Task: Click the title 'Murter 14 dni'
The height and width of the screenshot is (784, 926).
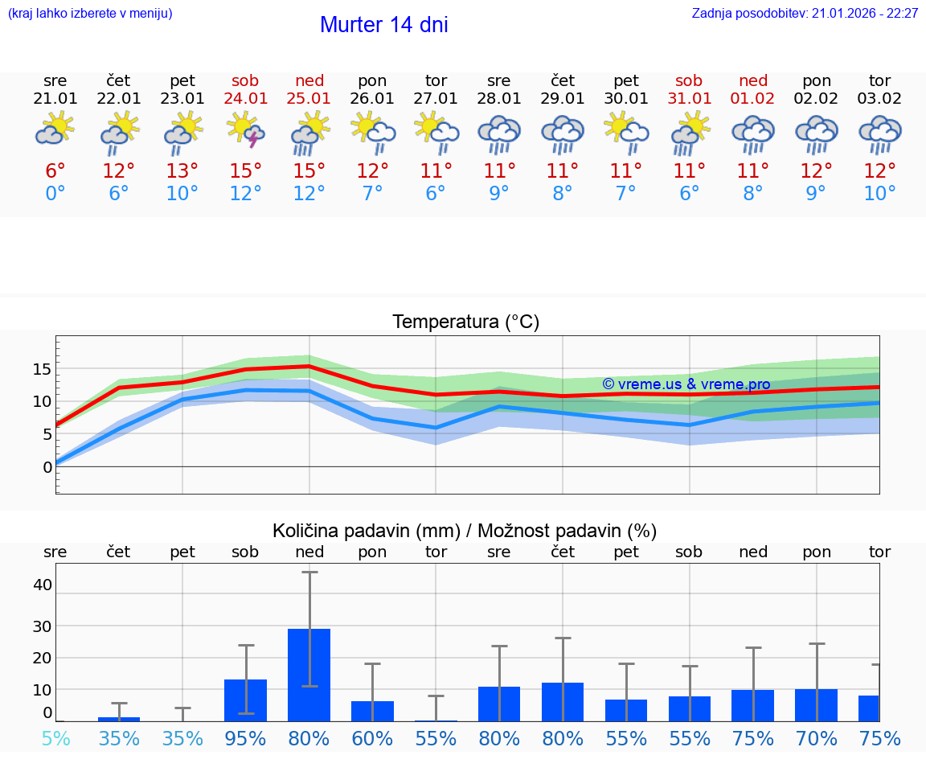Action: pos(383,25)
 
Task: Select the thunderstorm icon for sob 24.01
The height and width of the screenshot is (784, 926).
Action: pos(246,131)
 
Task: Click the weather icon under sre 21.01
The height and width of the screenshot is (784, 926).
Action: pos(55,129)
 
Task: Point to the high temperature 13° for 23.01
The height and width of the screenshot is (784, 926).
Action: pos(182,171)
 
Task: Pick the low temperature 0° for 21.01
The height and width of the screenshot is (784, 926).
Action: pos(55,194)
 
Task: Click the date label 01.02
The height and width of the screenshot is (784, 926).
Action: pos(753,99)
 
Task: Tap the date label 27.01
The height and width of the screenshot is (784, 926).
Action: pos(436,99)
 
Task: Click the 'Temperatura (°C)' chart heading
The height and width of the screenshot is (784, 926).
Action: pos(465,322)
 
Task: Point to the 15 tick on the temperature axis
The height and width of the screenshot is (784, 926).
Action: pos(42,369)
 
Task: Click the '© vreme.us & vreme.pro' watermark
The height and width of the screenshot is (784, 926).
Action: pos(686,384)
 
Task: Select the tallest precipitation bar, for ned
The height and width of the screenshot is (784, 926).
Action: pos(309,674)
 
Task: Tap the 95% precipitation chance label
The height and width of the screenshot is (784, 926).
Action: pos(246,739)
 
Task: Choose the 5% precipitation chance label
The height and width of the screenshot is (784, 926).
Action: pos(55,739)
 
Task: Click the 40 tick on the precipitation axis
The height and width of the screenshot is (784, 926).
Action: pos(42,585)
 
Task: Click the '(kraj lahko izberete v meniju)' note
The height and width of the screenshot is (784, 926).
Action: pos(90,14)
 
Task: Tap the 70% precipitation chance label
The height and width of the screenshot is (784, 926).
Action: pos(817,739)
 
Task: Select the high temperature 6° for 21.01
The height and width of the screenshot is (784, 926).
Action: pos(55,171)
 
